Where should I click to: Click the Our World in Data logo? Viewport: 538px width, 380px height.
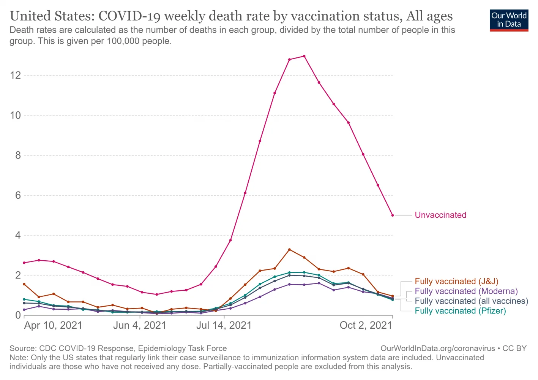coord(509,20)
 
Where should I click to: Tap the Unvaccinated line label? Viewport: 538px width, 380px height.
coord(440,215)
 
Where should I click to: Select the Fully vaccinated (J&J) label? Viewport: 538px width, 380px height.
coord(456,282)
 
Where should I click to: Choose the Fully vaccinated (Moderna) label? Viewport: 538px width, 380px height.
coord(466,291)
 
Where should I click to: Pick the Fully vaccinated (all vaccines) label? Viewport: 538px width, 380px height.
coord(471,301)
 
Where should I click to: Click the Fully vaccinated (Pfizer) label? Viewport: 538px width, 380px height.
coord(460,311)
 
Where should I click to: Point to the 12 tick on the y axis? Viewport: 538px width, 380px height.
coord(16,75)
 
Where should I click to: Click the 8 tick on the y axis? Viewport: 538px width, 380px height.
coord(18,155)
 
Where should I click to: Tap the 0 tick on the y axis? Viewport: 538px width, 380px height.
coord(18,315)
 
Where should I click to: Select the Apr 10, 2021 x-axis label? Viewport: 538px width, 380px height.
coord(53,326)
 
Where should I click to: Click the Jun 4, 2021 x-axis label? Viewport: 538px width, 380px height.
coord(140,326)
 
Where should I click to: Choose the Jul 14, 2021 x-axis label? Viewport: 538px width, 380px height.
coord(224,326)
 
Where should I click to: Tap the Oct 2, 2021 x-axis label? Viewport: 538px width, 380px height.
coord(366,326)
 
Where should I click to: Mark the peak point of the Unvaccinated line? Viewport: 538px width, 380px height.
coord(304,56)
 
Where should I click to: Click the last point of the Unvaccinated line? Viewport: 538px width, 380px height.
coord(393,215)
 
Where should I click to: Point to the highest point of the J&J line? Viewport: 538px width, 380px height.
coord(289,250)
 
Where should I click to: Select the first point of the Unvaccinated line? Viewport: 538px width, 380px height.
coord(24,263)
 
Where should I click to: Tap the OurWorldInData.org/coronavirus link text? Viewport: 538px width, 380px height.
coord(437,348)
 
